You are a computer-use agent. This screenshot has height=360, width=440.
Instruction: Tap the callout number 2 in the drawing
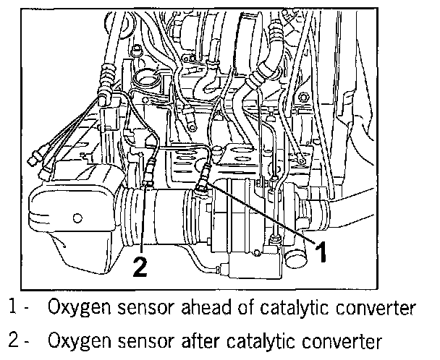(140, 267)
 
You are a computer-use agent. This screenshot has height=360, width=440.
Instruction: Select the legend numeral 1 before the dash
(13, 309)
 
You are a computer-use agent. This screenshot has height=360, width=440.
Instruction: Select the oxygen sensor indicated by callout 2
(148, 173)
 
